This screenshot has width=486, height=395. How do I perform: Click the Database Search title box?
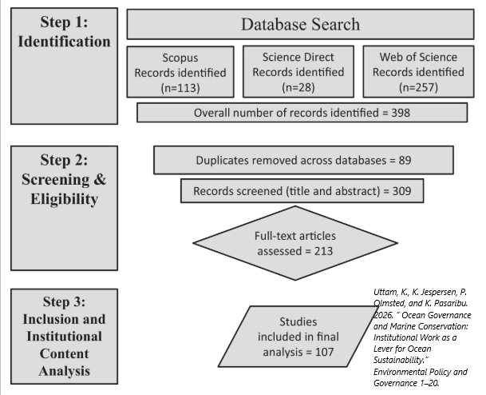click(300, 24)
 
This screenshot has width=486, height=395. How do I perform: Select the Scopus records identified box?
click(180, 72)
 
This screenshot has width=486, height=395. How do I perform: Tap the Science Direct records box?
click(298, 71)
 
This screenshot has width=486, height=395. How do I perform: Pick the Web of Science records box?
click(418, 71)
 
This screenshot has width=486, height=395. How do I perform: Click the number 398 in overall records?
click(401, 113)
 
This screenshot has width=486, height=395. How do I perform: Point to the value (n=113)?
click(180, 88)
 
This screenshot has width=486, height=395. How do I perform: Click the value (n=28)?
click(298, 87)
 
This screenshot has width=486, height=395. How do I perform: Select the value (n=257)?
click(418, 87)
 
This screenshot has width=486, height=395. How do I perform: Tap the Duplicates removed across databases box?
click(304, 160)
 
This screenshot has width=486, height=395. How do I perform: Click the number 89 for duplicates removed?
click(405, 160)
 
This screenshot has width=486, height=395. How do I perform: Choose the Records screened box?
click(302, 191)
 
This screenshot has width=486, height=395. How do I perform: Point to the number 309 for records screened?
click(402, 191)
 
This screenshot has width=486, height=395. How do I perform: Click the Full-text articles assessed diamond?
click(295, 243)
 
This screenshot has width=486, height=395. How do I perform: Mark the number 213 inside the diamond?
click(323, 251)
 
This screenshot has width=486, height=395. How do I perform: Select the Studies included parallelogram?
click(298, 337)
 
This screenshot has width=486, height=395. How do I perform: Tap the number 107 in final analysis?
click(325, 352)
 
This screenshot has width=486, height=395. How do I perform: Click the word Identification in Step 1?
click(64, 42)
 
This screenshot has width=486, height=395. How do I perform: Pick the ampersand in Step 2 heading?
click(100, 179)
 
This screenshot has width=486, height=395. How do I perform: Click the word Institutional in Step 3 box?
click(64, 337)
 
